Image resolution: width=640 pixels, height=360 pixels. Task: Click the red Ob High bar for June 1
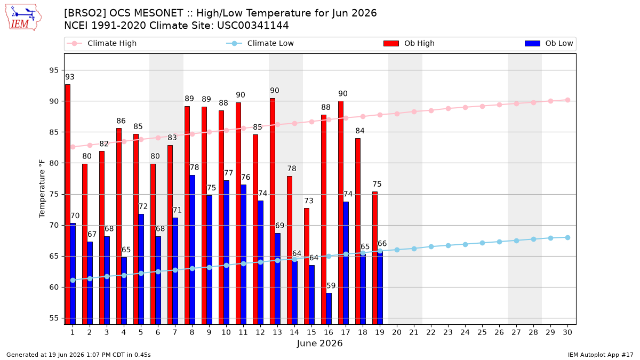click(68, 204)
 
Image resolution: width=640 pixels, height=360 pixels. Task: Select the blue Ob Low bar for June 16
click(329, 309)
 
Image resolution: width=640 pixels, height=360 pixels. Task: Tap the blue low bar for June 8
click(193, 250)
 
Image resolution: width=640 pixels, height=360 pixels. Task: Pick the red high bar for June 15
click(307, 266)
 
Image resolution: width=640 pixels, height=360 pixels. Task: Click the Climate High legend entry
click(102, 43)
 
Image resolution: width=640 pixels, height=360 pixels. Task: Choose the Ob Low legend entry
click(549, 43)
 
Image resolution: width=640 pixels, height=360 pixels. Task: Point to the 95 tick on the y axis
click(54, 70)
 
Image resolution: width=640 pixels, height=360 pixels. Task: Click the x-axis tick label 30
click(567, 332)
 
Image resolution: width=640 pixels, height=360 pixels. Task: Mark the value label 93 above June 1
click(70, 77)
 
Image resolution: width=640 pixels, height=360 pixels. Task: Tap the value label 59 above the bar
click(331, 286)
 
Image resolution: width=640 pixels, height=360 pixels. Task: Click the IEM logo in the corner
click(23, 18)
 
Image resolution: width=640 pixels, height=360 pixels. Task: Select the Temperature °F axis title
click(42, 189)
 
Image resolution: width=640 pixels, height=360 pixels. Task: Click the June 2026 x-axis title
click(319, 343)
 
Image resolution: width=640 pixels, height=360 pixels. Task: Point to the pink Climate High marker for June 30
click(567, 100)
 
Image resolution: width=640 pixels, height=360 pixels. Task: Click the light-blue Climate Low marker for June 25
click(482, 243)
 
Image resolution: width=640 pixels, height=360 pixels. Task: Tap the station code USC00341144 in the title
click(253, 26)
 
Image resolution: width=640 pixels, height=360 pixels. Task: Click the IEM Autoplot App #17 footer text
click(601, 355)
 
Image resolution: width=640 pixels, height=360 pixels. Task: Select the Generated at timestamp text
click(78, 355)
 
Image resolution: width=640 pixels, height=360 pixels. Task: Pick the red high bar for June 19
click(375, 258)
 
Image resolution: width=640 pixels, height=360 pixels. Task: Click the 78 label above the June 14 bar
click(292, 169)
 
